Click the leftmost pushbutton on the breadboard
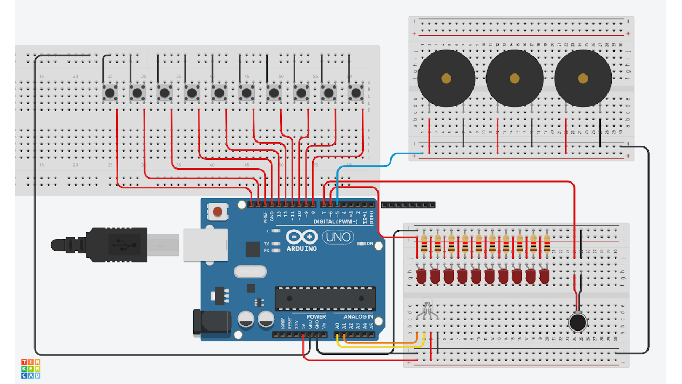click(110, 93)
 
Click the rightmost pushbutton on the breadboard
click(355, 93)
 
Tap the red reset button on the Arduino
click(218, 211)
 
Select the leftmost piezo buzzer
click(446, 78)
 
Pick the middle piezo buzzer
click(515, 78)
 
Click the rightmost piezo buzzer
click(583, 78)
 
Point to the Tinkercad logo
click(31, 368)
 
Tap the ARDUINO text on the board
click(302, 248)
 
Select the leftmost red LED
click(422, 277)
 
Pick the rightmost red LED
click(544, 277)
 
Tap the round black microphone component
click(578, 322)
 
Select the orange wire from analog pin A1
click(378, 342)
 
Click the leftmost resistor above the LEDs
click(424, 244)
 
